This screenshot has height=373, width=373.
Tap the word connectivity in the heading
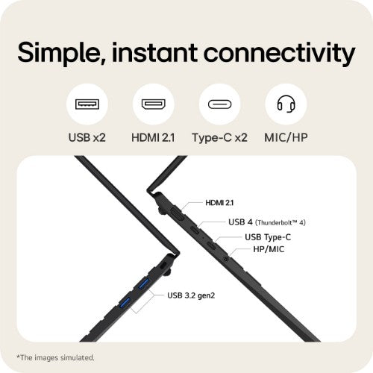point(280,53)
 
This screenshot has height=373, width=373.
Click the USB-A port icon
point(87,104)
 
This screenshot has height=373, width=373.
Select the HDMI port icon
point(154,104)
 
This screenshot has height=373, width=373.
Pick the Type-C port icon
point(219,104)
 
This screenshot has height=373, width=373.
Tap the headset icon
point(286,104)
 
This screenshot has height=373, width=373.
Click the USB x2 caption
point(87,137)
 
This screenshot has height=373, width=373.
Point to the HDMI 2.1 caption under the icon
point(153,137)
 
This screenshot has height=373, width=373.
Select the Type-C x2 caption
point(219,137)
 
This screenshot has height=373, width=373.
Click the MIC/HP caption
point(286,137)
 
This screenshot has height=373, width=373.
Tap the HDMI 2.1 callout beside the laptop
point(219,203)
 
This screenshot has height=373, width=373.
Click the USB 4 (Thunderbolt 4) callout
point(267,222)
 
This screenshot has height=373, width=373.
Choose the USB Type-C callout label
point(268,237)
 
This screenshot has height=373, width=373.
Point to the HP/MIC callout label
point(269,249)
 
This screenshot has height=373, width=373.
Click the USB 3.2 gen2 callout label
point(191,295)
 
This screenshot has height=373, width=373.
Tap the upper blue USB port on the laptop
point(144,283)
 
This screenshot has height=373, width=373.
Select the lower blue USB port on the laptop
point(125,303)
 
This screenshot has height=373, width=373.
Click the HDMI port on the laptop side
point(177,214)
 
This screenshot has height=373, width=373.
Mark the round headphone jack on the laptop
point(226,259)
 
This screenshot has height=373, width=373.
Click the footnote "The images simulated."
point(55,357)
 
